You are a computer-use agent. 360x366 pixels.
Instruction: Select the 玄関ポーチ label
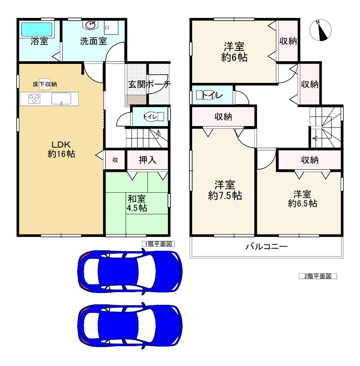[149, 84]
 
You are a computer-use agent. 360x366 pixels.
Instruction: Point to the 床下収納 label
[45, 84]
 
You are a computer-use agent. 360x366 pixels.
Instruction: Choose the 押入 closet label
[148, 160]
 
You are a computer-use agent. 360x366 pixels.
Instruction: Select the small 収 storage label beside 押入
[115, 160]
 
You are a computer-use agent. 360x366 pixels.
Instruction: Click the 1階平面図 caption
[158, 244]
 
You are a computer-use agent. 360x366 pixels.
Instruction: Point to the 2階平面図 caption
[318, 276]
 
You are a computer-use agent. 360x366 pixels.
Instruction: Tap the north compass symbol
[321, 30]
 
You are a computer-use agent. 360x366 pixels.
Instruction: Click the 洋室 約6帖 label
[234, 52]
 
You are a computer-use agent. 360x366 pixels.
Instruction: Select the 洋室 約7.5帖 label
[225, 190]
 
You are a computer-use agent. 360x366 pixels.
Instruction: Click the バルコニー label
[266, 247]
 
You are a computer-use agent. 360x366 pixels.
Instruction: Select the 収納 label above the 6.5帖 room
[310, 160]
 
